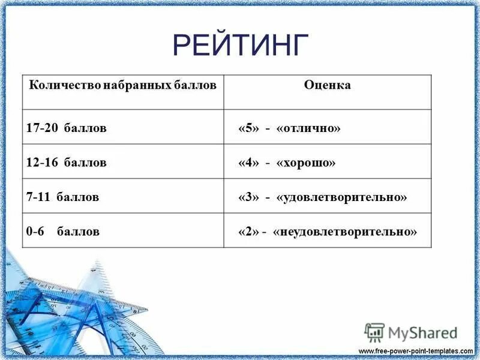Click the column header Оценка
click(x=327, y=85)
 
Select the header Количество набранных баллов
click(x=122, y=85)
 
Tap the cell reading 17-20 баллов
click(x=66, y=128)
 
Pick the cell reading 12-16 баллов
click(x=66, y=163)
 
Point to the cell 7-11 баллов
click(x=62, y=197)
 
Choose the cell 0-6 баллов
click(x=62, y=231)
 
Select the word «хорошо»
click(x=306, y=163)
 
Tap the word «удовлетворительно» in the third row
click(x=342, y=197)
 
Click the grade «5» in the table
click(x=248, y=128)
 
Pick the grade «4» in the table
click(x=248, y=163)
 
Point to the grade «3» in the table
click(x=248, y=197)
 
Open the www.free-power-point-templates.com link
click(x=415, y=350)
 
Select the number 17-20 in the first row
click(x=40, y=128)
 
